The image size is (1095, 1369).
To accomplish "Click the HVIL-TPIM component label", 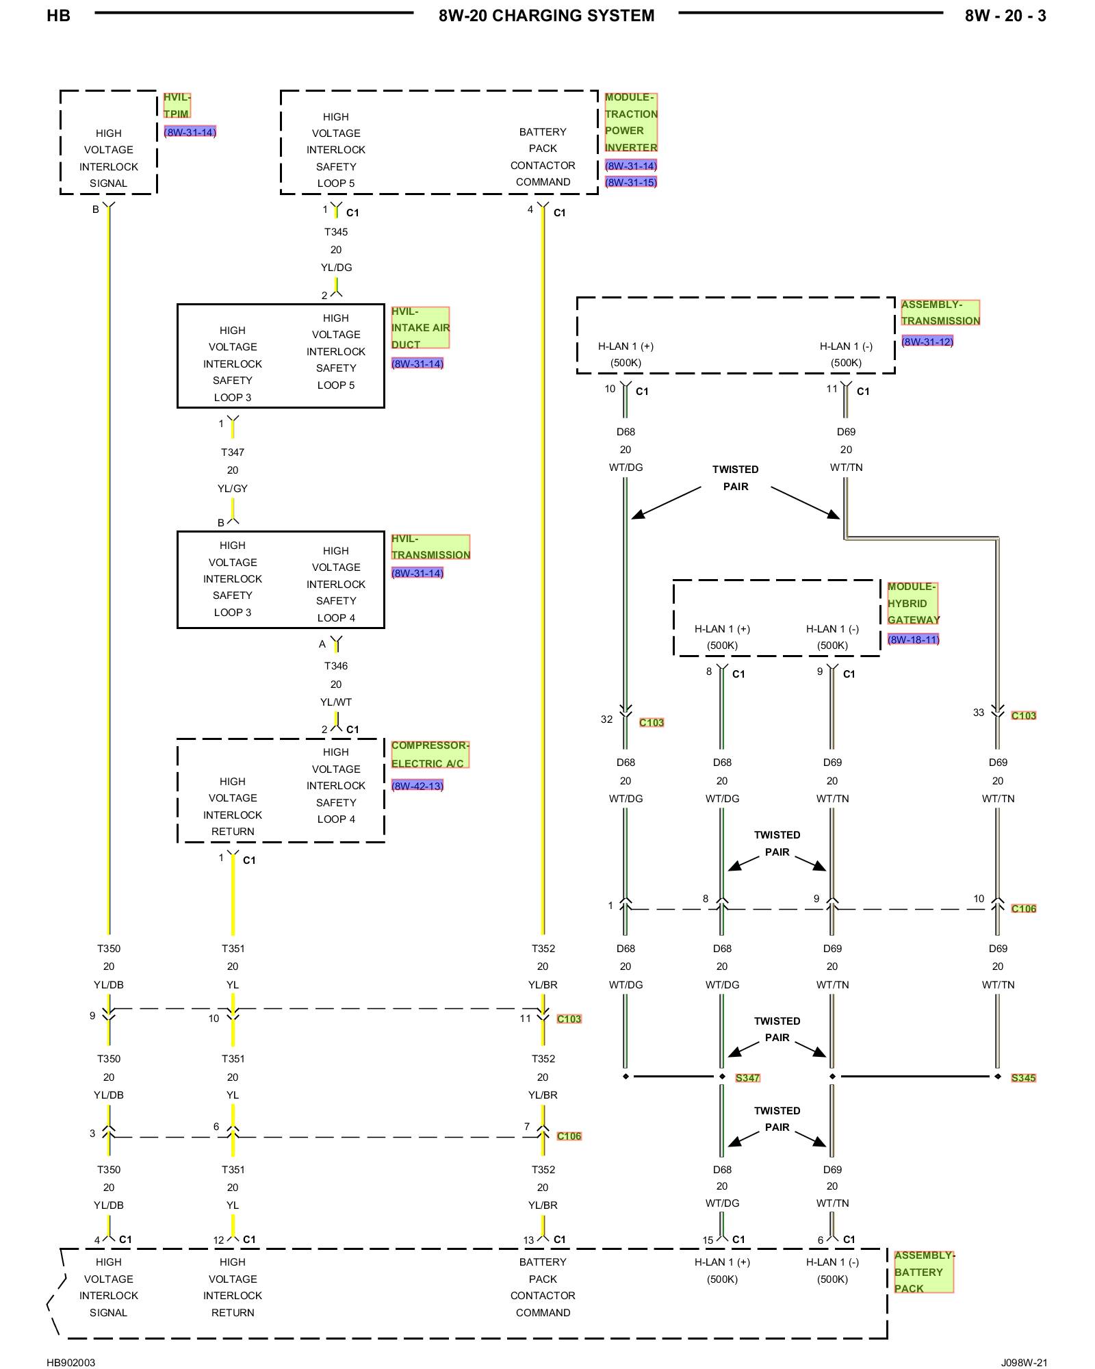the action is pos(177,105).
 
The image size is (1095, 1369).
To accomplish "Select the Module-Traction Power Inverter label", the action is pos(631,123).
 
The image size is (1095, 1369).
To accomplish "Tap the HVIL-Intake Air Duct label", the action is pos(420,328).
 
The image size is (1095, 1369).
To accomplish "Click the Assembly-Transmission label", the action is pos(940,312).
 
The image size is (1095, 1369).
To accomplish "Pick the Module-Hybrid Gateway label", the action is pos(913,603).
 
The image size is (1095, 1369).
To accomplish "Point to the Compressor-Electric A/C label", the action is pos(430,754).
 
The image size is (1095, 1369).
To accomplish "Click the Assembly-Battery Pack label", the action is pos(924,1272).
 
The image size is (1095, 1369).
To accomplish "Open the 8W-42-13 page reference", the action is pos(417,786).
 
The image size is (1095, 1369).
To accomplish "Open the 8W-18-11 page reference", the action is pos(913,639).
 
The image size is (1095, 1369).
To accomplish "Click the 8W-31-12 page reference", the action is pos(927,342).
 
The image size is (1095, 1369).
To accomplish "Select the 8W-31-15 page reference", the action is pos(631,182).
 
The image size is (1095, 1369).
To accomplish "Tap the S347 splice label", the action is pos(747,1078).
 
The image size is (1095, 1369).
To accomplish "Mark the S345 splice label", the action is pos(1024,1078).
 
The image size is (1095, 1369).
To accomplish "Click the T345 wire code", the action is pos(336,232).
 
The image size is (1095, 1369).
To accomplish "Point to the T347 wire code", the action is pos(233,452).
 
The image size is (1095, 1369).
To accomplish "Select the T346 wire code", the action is pos(336,666).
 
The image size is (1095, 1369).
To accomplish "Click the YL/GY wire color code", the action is pos(233,489).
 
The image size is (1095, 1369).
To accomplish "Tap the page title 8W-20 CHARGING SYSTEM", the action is pos(547,16).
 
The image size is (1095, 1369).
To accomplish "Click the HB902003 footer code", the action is pos(71,1362).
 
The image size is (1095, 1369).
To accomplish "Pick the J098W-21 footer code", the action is pos(1025,1362).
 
